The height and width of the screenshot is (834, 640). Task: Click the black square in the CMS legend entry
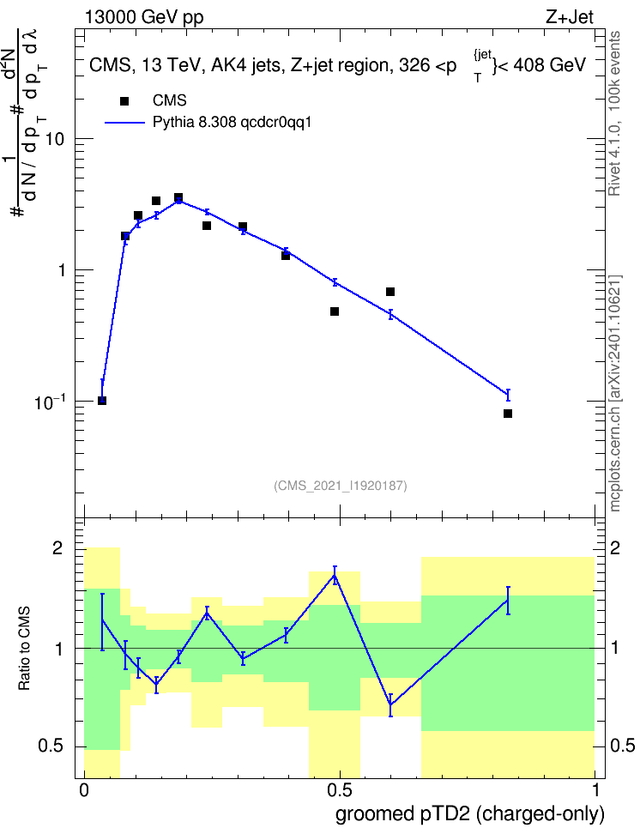click(124, 101)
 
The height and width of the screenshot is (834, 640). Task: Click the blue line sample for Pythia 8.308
click(124, 123)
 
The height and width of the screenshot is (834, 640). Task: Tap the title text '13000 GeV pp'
click(143, 17)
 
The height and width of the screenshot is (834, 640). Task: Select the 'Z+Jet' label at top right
click(570, 17)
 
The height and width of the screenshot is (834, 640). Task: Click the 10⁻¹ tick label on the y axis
click(49, 402)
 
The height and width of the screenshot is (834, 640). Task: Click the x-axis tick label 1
click(595, 790)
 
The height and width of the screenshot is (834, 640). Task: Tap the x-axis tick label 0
click(84, 790)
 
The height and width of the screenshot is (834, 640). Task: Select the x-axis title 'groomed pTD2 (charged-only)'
click(470, 814)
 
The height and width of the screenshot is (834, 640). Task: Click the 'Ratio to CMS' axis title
click(24, 649)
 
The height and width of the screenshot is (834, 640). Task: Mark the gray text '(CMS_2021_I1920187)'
click(340, 486)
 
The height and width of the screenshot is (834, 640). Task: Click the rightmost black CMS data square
click(508, 414)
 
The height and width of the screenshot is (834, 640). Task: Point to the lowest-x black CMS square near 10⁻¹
click(102, 401)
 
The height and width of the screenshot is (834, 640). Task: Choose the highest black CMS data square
click(178, 197)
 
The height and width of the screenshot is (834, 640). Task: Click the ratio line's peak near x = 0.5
click(335, 575)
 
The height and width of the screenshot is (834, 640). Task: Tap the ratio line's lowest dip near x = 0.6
click(390, 705)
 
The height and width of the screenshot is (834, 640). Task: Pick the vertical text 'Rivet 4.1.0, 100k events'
click(614, 113)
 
